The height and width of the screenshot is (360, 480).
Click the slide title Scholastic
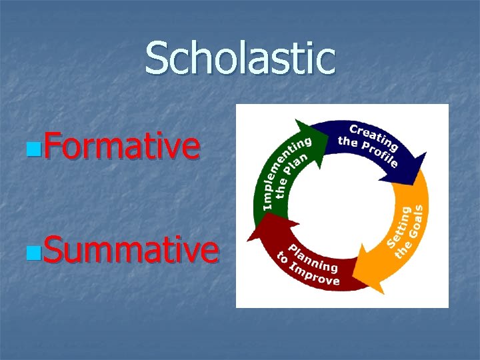pos(240,58)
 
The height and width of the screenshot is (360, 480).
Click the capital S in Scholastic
pos(159,58)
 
